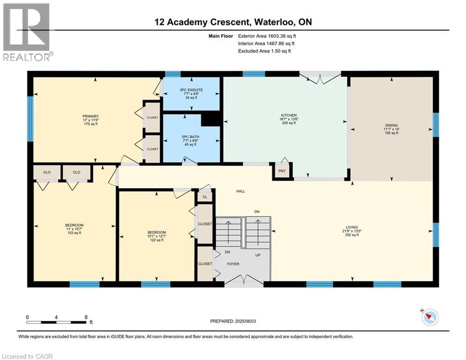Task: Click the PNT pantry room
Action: [282, 171]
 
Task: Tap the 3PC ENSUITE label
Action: [192, 90]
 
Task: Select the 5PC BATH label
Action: [191, 137]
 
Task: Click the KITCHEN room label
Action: [289, 115]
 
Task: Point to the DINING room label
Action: [392, 125]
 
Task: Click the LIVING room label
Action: [352, 227]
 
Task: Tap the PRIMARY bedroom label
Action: [91, 116]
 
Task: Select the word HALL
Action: [241, 191]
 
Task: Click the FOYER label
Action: [233, 264]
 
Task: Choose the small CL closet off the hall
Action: [205, 197]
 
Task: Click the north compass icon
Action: [430, 317]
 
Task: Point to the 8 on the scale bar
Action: [86, 317]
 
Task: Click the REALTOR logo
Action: [27, 32]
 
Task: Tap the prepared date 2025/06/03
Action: [245, 321]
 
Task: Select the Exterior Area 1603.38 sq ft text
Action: [267, 36]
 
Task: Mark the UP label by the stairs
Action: [258, 255]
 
